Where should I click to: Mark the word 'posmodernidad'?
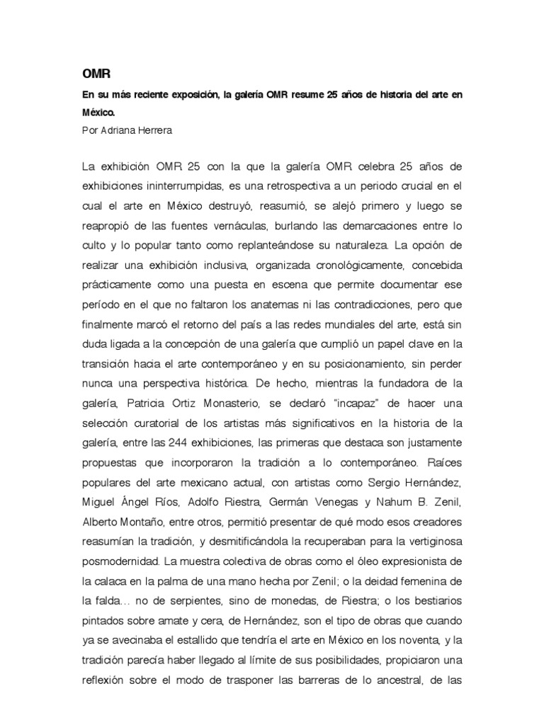click(119, 561)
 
